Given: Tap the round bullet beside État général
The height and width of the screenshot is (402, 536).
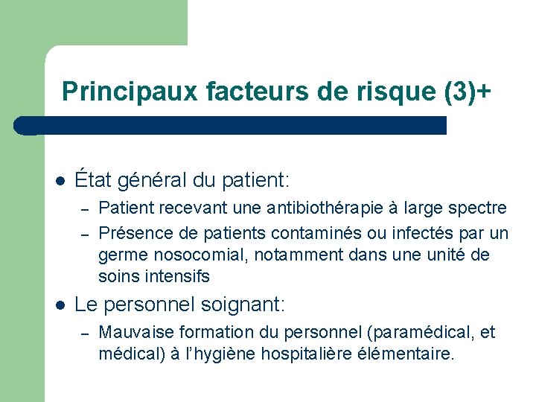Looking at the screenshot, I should (60, 181).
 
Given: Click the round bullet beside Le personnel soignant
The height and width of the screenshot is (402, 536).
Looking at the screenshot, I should (60, 305).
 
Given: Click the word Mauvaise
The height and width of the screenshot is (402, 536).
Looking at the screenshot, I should (132, 332).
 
